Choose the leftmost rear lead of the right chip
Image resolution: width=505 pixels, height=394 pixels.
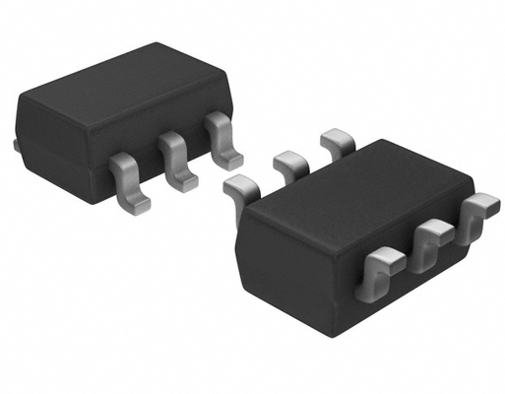[x=241, y=186]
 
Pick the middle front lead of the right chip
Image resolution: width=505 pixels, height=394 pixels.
[x=431, y=241]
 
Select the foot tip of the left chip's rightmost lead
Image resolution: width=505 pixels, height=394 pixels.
[x=232, y=158]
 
